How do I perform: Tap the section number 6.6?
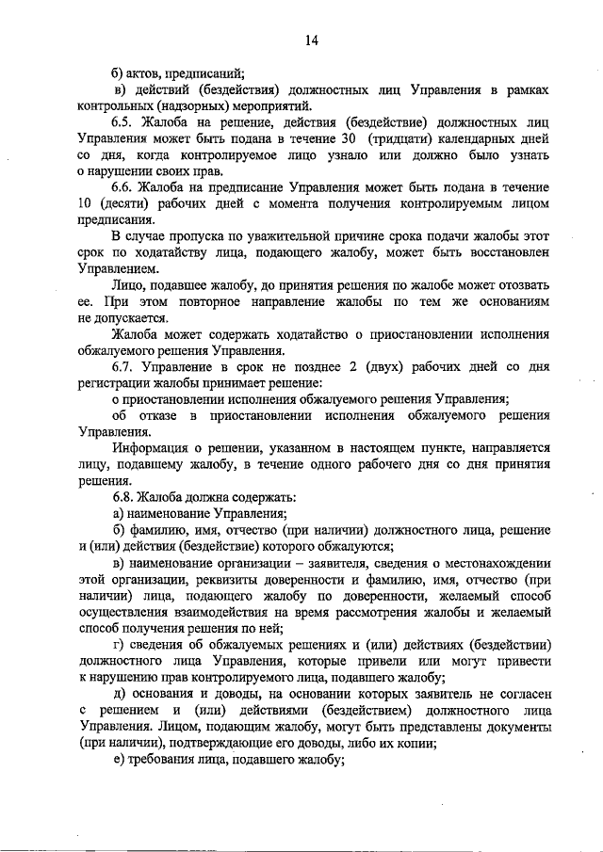[123, 188]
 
